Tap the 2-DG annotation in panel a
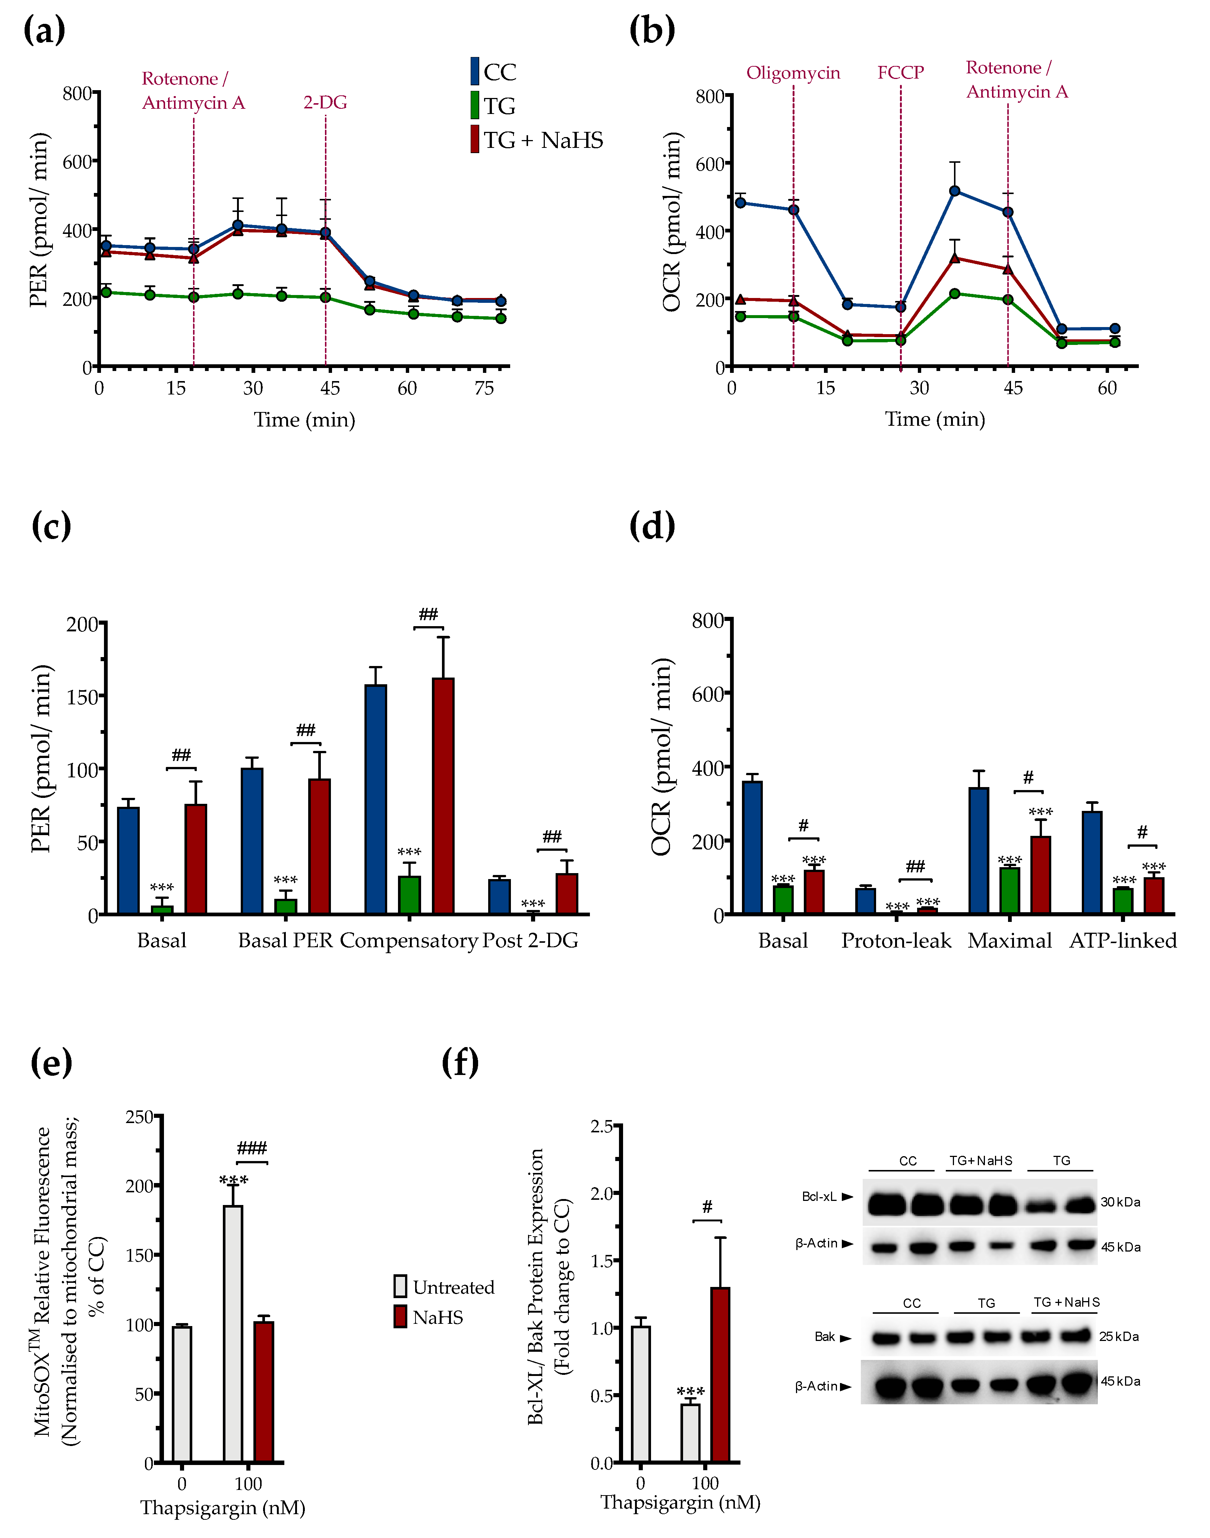coord(325,103)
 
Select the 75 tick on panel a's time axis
coord(484,388)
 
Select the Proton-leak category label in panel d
coord(896,941)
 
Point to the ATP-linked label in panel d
coord(1123,941)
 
